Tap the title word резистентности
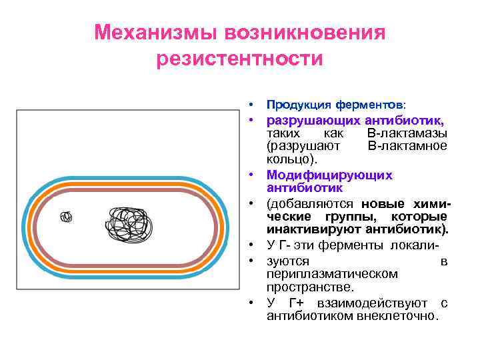tap(239, 59)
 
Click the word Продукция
tap(290, 105)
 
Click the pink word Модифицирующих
tap(329, 175)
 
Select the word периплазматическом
tap(332, 273)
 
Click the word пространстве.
tap(310, 287)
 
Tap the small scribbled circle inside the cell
tap(66, 217)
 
